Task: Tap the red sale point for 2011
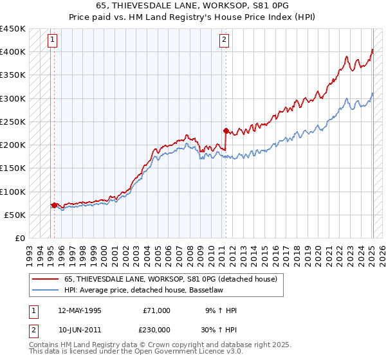click(x=226, y=130)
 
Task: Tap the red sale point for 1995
click(x=54, y=205)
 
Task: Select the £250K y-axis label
click(x=13, y=122)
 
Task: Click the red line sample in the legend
click(x=46, y=279)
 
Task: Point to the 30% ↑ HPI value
click(x=223, y=329)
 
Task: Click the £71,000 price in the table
click(x=157, y=310)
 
